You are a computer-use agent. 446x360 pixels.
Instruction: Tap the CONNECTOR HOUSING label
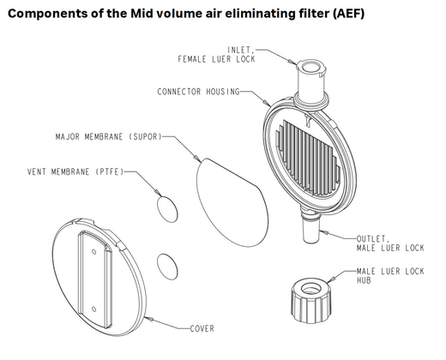click(198, 92)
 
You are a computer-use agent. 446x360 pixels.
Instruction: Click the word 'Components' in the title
click(51, 13)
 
